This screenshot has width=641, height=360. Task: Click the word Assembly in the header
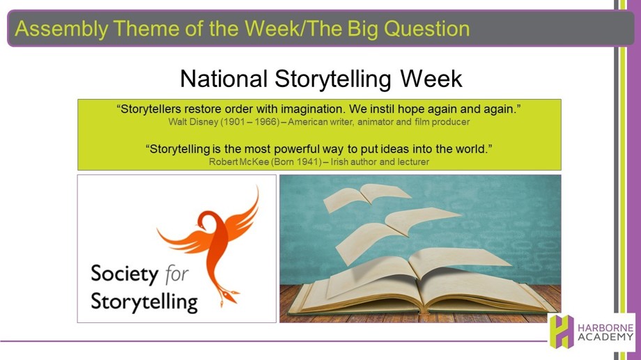click(x=61, y=29)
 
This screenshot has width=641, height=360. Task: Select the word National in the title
click(x=224, y=79)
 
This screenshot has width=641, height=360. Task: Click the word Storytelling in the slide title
click(x=333, y=79)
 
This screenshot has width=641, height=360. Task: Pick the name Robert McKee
click(x=239, y=162)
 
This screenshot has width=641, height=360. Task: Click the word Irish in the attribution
click(x=339, y=162)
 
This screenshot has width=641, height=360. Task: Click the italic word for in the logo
click(x=176, y=274)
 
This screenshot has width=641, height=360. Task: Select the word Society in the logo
click(x=124, y=274)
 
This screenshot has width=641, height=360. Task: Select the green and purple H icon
click(x=562, y=331)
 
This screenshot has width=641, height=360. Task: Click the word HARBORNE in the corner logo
click(x=605, y=328)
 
